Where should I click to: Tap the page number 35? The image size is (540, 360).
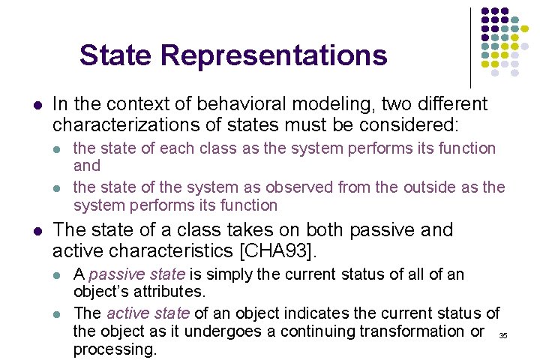click(503, 335)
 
